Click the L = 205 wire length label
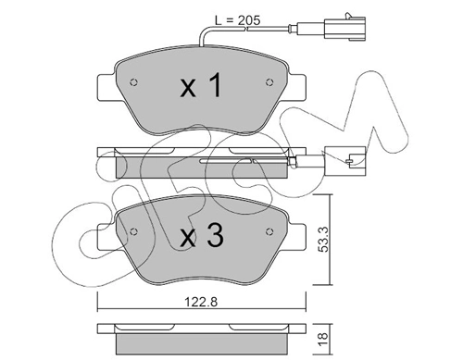(237, 20)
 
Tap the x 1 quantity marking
(201, 86)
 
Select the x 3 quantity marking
(202, 236)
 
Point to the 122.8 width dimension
(201, 302)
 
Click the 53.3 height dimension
(324, 239)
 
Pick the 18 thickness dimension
(323, 340)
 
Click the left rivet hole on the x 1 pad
(133, 82)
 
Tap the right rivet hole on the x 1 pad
(269, 82)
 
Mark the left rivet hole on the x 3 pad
(133, 231)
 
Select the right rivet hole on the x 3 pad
(269, 231)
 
